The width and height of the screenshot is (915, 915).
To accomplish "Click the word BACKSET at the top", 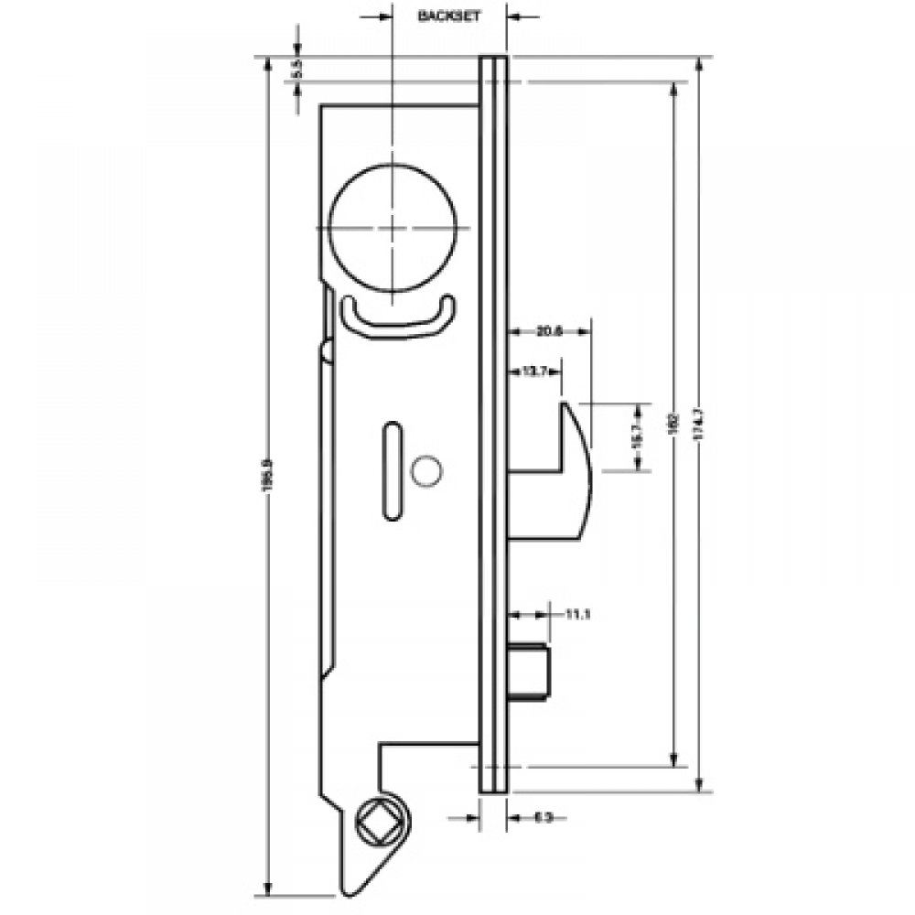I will [x=448, y=16].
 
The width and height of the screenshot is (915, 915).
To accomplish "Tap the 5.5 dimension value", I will [x=296, y=69].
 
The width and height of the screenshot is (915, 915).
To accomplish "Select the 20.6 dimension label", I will [x=549, y=331].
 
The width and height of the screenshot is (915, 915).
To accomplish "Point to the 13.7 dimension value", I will [x=534, y=371].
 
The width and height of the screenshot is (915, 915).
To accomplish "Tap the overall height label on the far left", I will [x=267, y=478].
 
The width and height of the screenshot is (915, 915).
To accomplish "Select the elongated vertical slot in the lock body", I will [x=392, y=470].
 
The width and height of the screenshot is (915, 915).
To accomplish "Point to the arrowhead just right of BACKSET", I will [x=513, y=16].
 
